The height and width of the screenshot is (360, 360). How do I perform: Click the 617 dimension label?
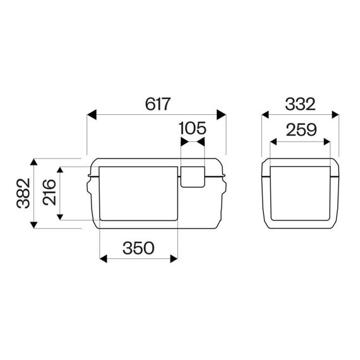click(x=158, y=104)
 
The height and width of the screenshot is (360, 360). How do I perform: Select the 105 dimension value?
click(x=193, y=128)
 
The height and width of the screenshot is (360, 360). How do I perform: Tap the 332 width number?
click(x=300, y=104)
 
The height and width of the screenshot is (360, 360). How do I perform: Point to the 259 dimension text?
click(x=301, y=129)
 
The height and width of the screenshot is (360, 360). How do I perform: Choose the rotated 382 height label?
click(x=23, y=193)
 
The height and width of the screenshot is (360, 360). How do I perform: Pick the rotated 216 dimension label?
click(x=49, y=193)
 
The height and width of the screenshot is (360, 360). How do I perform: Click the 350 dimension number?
click(x=138, y=248)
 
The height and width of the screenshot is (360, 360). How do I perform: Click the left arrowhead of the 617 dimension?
click(x=92, y=115)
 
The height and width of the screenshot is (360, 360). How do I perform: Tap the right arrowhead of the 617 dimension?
click(x=221, y=115)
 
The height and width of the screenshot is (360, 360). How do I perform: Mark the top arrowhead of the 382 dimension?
click(x=33, y=162)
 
